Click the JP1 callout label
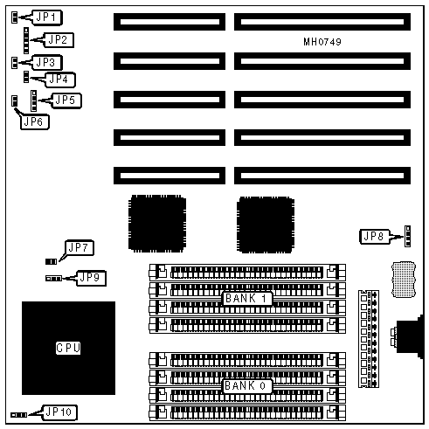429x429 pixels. tap(46, 17)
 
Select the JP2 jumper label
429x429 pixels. tap(59, 40)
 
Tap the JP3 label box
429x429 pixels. tap(46, 62)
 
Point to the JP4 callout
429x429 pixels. tap(59, 80)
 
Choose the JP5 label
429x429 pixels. tap(66, 100)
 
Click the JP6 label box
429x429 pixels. tap(35, 121)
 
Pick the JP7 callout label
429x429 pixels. tap(79, 248)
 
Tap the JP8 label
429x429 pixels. tap(375, 237)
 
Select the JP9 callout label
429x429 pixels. tap(91, 278)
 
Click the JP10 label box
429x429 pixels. tap(59, 412)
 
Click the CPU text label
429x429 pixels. tap(68, 348)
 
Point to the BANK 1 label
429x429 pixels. tap(247, 299)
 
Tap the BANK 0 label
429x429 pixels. tap(247, 385)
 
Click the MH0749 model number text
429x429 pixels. tap(322, 42)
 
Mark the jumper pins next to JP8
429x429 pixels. tap(408, 236)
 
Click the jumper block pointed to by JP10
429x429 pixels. tap(19, 415)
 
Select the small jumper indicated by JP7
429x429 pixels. tap(51, 262)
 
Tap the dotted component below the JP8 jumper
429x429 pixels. tap(404, 280)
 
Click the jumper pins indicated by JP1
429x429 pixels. tap(14, 17)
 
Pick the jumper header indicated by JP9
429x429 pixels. tap(53, 279)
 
